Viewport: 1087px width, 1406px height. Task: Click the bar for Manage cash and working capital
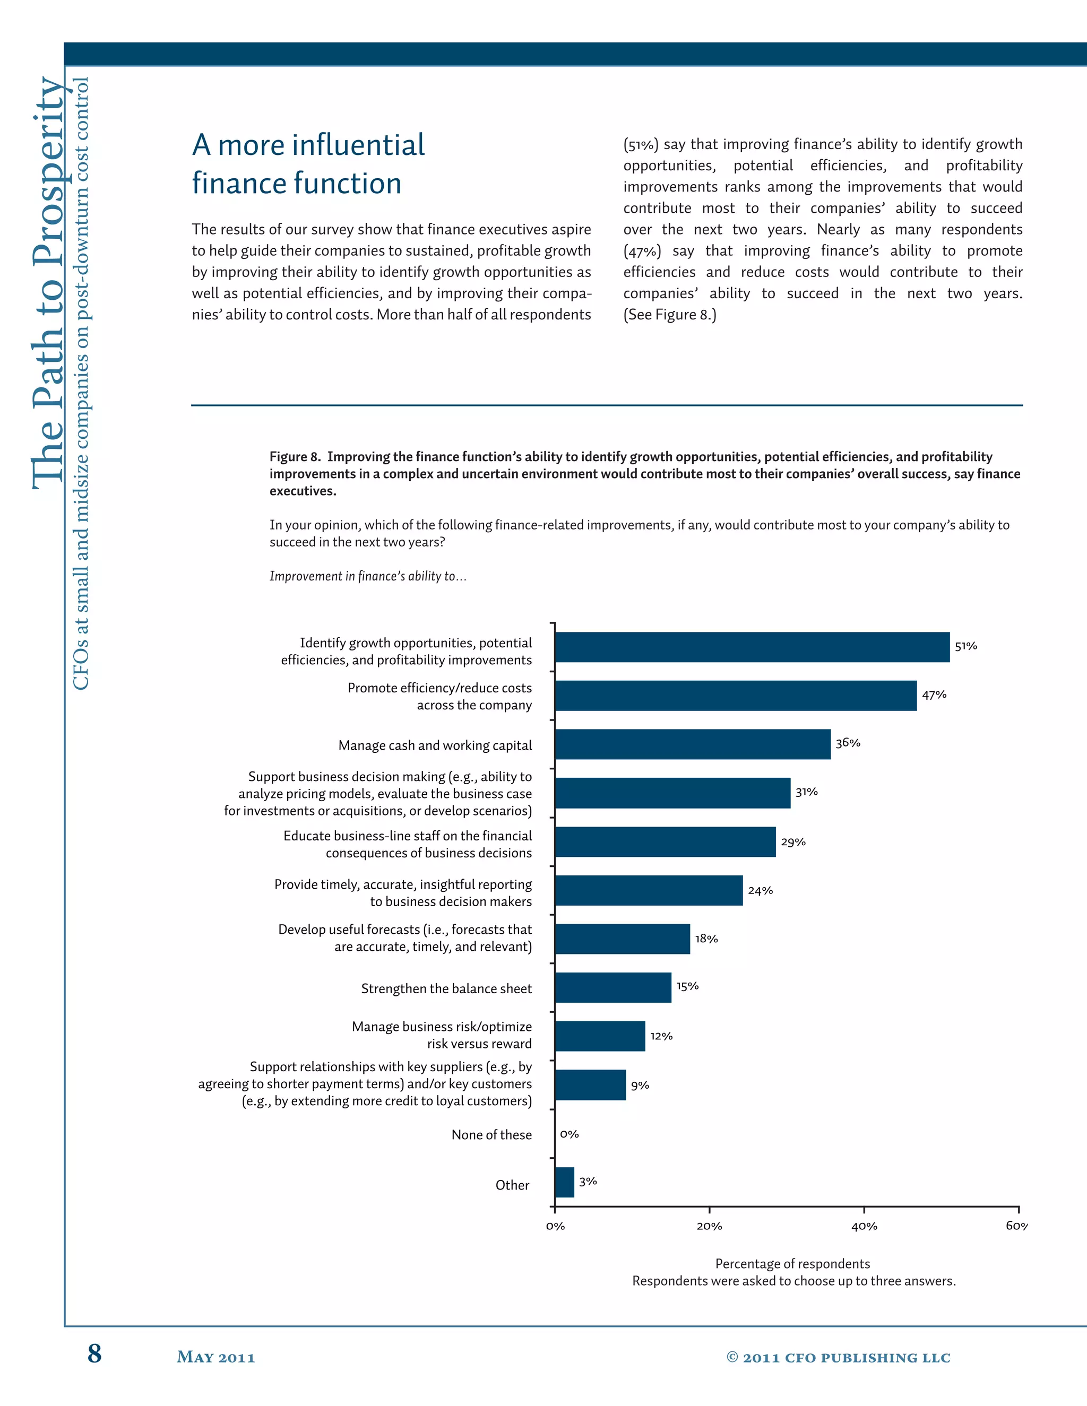tap(692, 744)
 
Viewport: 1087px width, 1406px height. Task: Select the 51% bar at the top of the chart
tap(752, 647)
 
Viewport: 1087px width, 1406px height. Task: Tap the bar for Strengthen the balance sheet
tap(612, 987)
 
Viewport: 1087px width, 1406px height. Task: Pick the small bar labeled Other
tap(564, 1182)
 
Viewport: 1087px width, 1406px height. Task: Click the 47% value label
tap(934, 695)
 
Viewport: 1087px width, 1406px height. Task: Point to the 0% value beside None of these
tap(570, 1134)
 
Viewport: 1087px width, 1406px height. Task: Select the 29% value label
tap(793, 841)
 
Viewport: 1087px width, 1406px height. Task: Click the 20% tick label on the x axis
tap(709, 1226)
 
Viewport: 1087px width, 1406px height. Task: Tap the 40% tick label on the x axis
tap(864, 1226)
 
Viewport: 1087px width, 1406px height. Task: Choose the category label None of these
tap(491, 1134)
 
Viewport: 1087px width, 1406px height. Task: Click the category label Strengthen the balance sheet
tap(446, 988)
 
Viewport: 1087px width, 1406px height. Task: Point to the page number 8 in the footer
tap(94, 1353)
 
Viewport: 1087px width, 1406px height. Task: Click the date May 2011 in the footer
tap(215, 1357)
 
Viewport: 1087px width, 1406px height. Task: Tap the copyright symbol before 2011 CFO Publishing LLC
tap(732, 1357)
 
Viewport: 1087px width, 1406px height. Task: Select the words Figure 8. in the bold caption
tap(295, 456)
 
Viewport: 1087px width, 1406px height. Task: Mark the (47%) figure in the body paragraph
tap(642, 251)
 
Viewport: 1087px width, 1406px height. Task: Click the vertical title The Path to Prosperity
tap(48, 283)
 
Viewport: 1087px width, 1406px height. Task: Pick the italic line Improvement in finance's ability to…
tap(368, 576)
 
